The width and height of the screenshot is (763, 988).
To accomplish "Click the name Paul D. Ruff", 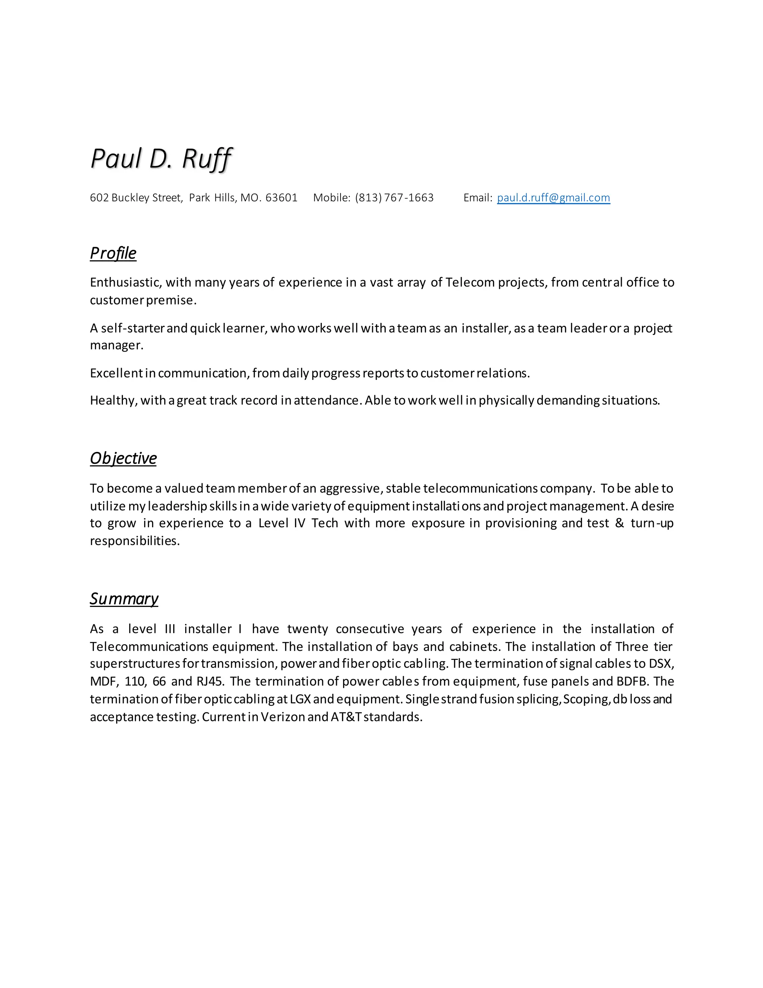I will [x=161, y=159].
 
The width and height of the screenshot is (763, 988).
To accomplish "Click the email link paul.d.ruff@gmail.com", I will [x=553, y=198].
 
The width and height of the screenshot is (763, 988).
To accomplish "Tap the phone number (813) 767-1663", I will [x=394, y=198].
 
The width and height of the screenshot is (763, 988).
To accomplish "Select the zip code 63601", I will [x=281, y=198].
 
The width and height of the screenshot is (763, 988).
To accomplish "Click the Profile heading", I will [x=113, y=253].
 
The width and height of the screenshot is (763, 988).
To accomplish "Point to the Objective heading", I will [x=123, y=458].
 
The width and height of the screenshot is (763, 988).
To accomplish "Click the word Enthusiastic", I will [x=125, y=282].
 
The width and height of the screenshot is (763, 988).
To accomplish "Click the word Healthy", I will [x=113, y=400].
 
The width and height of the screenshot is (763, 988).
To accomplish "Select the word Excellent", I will [x=116, y=373].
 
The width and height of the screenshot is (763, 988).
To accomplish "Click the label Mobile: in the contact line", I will [x=331, y=198].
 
